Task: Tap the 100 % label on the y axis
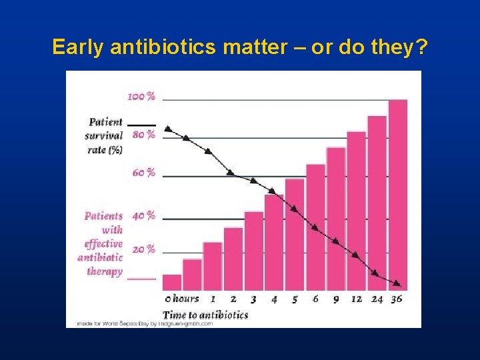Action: tap(141, 97)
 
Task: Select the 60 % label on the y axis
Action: tap(143, 173)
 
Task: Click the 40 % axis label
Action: tap(143, 215)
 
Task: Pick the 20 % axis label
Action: tap(143, 249)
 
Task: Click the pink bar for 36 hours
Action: tap(397, 193)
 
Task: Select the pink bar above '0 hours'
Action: tap(172, 283)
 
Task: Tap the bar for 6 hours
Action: tap(315, 227)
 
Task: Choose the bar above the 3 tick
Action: tap(254, 250)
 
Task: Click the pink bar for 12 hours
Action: tap(357, 210)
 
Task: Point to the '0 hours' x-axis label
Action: tap(181, 299)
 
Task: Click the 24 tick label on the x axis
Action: tap(377, 299)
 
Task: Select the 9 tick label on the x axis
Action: tap(336, 299)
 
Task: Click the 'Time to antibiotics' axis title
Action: tap(205, 315)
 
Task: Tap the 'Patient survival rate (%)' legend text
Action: tap(105, 136)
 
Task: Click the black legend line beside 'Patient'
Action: tap(141, 125)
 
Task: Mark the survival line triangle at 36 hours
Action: tap(397, 283)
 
